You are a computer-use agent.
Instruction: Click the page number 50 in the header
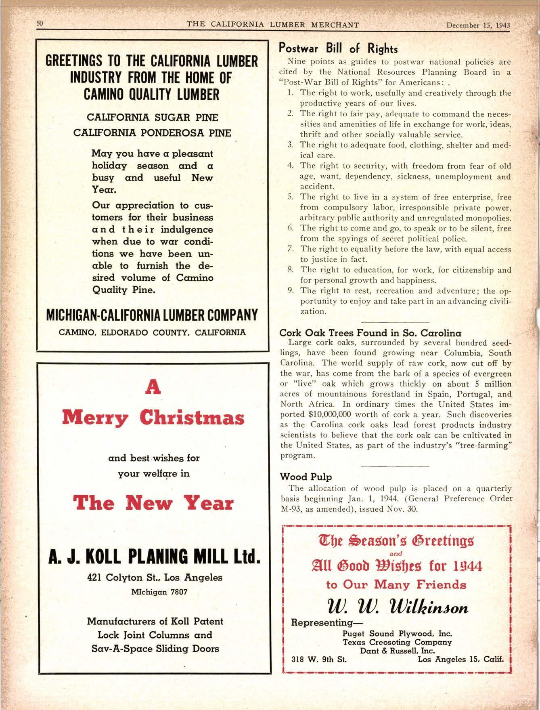coord(40,23)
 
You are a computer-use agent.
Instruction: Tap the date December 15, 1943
coord(478,26)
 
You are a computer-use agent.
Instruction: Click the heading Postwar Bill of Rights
coord(339,48)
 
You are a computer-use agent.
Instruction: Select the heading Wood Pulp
coord(306,477)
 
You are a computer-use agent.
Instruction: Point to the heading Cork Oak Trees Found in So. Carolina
coord(370,333)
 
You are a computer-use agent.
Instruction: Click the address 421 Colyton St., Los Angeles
coord(155,577)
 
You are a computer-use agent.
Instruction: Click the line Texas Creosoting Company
coord(397,642)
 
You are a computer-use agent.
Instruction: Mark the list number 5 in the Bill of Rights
coord(289,197)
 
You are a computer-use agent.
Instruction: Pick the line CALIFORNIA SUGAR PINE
coord(153,118)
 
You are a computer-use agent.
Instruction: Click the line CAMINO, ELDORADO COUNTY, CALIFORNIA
coord(152,332)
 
